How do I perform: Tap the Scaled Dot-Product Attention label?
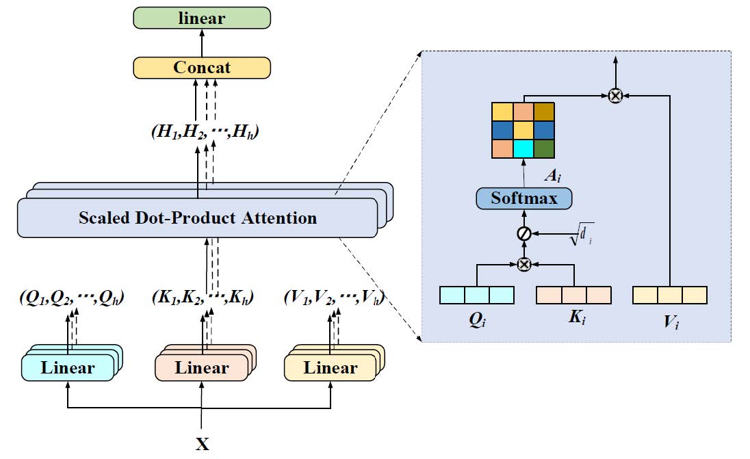[x=198, y=218]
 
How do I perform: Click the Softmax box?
[x=523, y=199]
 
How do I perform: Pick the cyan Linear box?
[x=68, y=368]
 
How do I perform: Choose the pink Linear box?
[x=202, y=368]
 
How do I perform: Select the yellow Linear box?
[x=331, y=368]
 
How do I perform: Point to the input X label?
[x=203, y=445]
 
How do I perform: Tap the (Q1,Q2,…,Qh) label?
[x=72, y=298]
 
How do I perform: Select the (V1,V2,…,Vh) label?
[x=333, y=298]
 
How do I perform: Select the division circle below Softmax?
[x=524, y=234]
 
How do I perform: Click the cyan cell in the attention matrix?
[x=523, y=148]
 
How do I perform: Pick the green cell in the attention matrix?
[x=543, y=148]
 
